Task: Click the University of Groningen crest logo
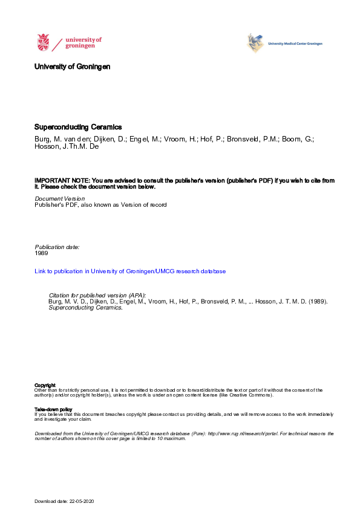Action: pyautogui.click(x=44, y=42)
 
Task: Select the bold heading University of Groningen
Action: pyautogui.click(x=73, y=66)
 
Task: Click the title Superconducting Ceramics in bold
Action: pyautogui.click(x=78, y=128)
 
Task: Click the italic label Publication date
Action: pyautogui.click(x=57, y=247)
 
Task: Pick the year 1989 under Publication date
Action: pyautogui.click(x=41, y=253)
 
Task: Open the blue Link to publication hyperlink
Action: pyautogui.click(x=130, y=271)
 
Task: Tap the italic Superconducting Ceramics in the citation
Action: pyautogui.click(x=85, y=308)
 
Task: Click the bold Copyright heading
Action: pyautogui.click(x=45, y=385)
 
